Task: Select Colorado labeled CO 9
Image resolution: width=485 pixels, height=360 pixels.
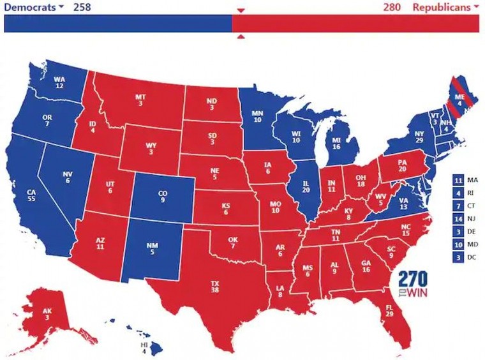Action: (x=163, y=195)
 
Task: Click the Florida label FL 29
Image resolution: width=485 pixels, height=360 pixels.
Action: (x=389, y=311)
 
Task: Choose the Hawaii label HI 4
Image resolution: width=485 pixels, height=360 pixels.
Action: (x=144, y=348)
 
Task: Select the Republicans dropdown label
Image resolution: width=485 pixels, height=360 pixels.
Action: (x=445, y=7)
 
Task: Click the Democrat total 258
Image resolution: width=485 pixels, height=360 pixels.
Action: (x=82, y=7)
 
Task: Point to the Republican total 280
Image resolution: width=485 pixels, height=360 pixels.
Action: (x=392, y=7)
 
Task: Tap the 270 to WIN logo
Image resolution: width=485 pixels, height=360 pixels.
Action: (x=412, y=284)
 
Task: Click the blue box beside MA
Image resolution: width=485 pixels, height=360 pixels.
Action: (x=458, y=180)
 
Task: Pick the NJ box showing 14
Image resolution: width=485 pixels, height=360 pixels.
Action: (x=458, y=218)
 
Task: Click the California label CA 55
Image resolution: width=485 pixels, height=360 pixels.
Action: (x=31, y=195)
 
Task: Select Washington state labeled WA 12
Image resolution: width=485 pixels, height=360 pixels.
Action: (x=59, y=83)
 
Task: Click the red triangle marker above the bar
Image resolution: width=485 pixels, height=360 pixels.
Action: (x=241, y=11)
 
